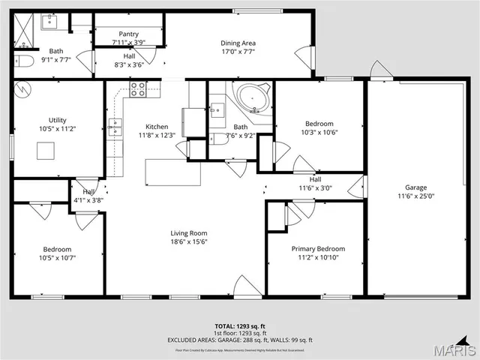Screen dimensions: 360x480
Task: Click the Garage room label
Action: [416, 187]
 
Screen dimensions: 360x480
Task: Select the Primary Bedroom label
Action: [318, 248]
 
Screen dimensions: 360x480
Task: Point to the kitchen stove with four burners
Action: [138, 90]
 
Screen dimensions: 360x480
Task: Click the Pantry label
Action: [129, 34]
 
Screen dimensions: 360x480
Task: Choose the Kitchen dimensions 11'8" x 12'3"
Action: [157, 136]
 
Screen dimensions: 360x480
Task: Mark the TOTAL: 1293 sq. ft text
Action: [240, 327]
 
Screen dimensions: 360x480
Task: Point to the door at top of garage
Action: [381, 70]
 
